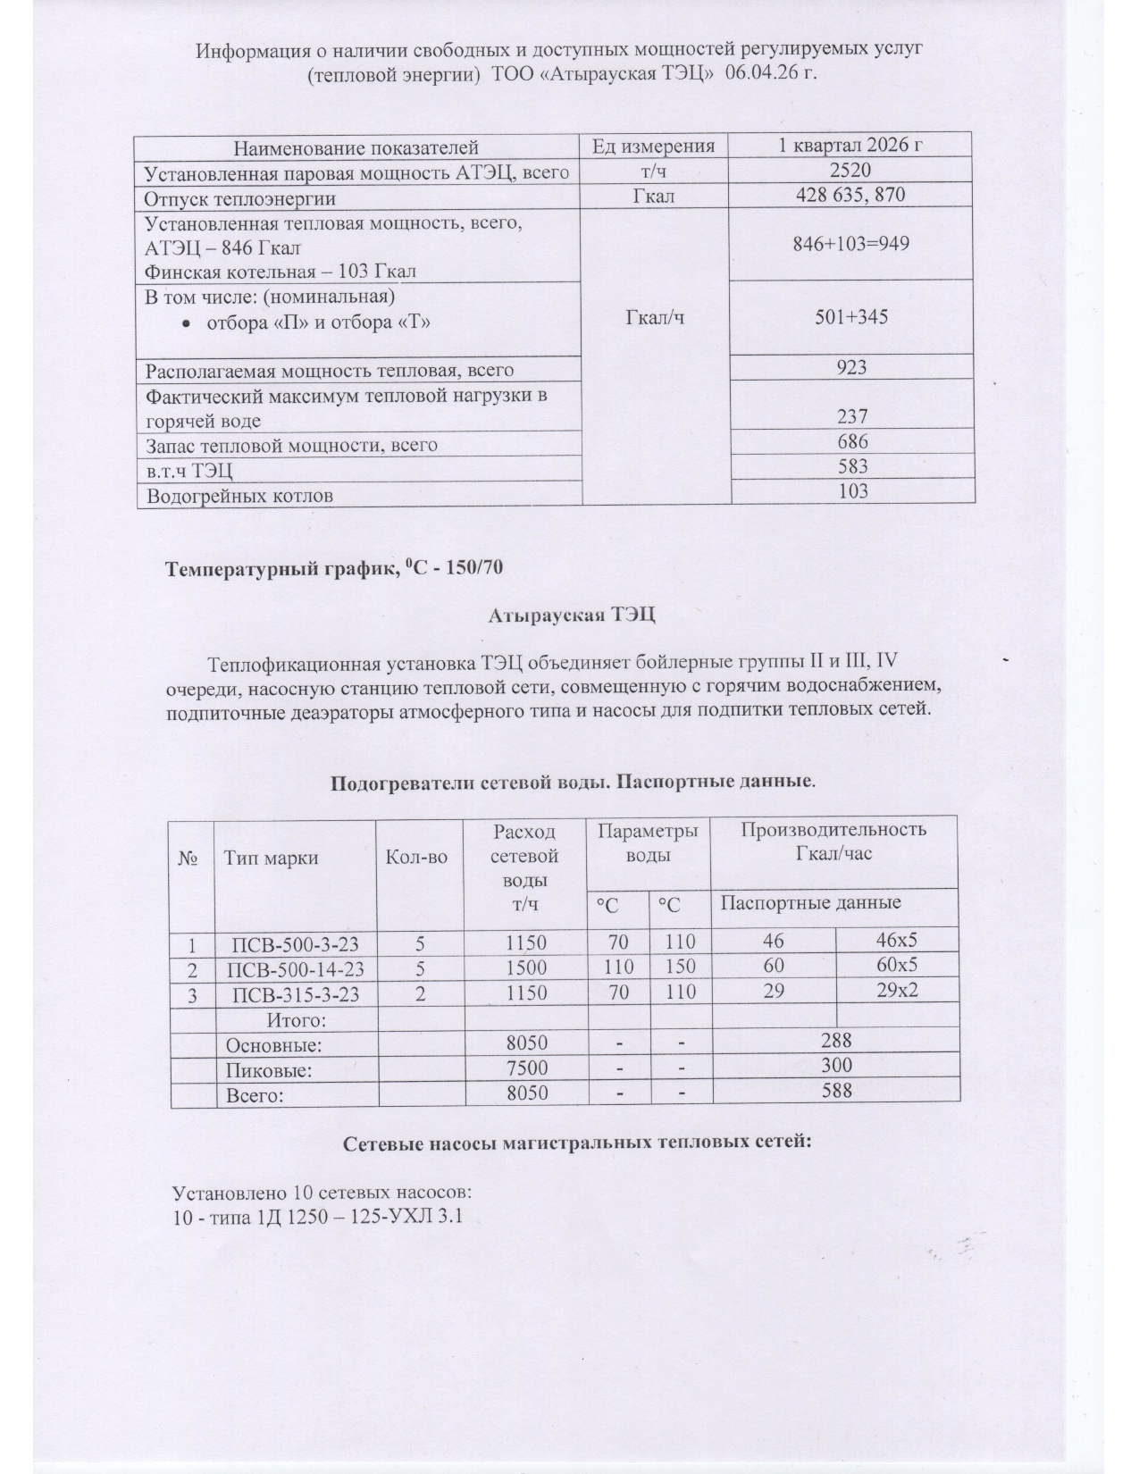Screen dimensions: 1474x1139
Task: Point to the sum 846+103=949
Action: coord(851,243)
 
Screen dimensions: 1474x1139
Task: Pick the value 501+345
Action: coord(851,315)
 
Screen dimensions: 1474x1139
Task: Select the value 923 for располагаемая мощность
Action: coord(852,367)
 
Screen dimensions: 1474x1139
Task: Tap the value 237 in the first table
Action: coord(852,415)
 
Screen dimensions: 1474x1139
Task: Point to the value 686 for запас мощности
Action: coord(852,441)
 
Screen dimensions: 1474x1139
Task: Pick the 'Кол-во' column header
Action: coord(415,858)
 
